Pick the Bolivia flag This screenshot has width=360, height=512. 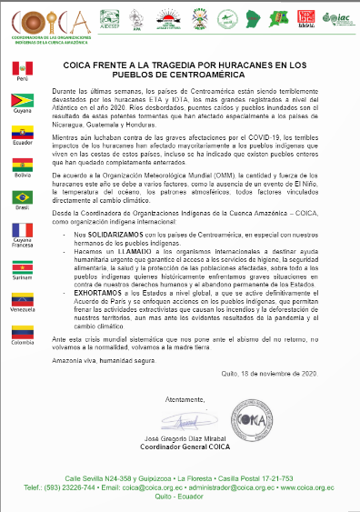click(x=23, y=164)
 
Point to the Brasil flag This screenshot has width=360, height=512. click(x=23, y=196)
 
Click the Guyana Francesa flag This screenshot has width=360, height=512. click(x=23, y=230)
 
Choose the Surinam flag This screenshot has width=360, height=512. click(x=23, y=265)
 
